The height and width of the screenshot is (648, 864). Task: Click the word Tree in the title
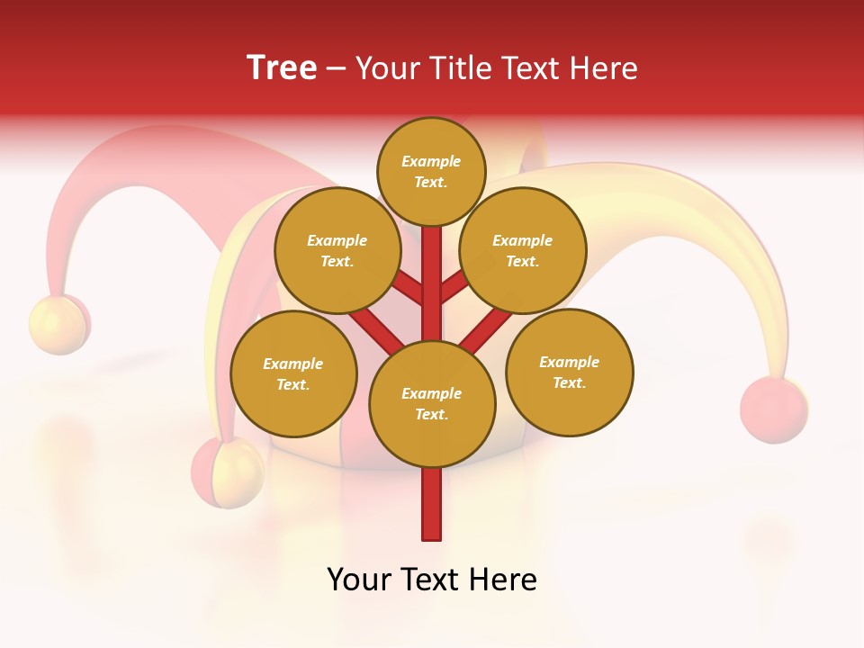pos(282,68)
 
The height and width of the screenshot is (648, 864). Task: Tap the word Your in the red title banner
pos(388,68)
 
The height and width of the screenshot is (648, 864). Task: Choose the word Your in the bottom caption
pos(360,580)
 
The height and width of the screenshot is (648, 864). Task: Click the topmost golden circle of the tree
pos(431,171)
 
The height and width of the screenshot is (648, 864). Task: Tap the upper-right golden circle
pos(523,250)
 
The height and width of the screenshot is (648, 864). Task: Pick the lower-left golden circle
pos(293,373)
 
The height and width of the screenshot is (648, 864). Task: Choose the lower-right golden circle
pos(570,372)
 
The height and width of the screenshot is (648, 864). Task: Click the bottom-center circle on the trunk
pos(432,403)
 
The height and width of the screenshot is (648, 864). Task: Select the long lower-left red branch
pos(376,328)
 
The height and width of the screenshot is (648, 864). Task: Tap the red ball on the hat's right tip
pos(773,410)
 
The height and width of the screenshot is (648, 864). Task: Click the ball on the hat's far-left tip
pos(59,324)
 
